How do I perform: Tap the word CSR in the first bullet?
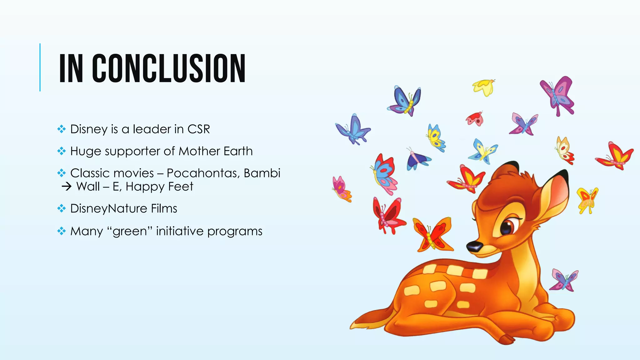(198, 129)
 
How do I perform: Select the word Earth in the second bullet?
(238, 151)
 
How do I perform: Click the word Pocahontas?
(203, 173)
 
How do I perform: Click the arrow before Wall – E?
(67, 187)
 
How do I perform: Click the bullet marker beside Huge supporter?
(62, 151)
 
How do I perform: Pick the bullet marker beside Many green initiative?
(62, 231)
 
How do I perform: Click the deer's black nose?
(474, 246)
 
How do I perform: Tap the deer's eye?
(507, 228)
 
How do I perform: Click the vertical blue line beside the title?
(40, 67)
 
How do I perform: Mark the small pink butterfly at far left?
(341, 188)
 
